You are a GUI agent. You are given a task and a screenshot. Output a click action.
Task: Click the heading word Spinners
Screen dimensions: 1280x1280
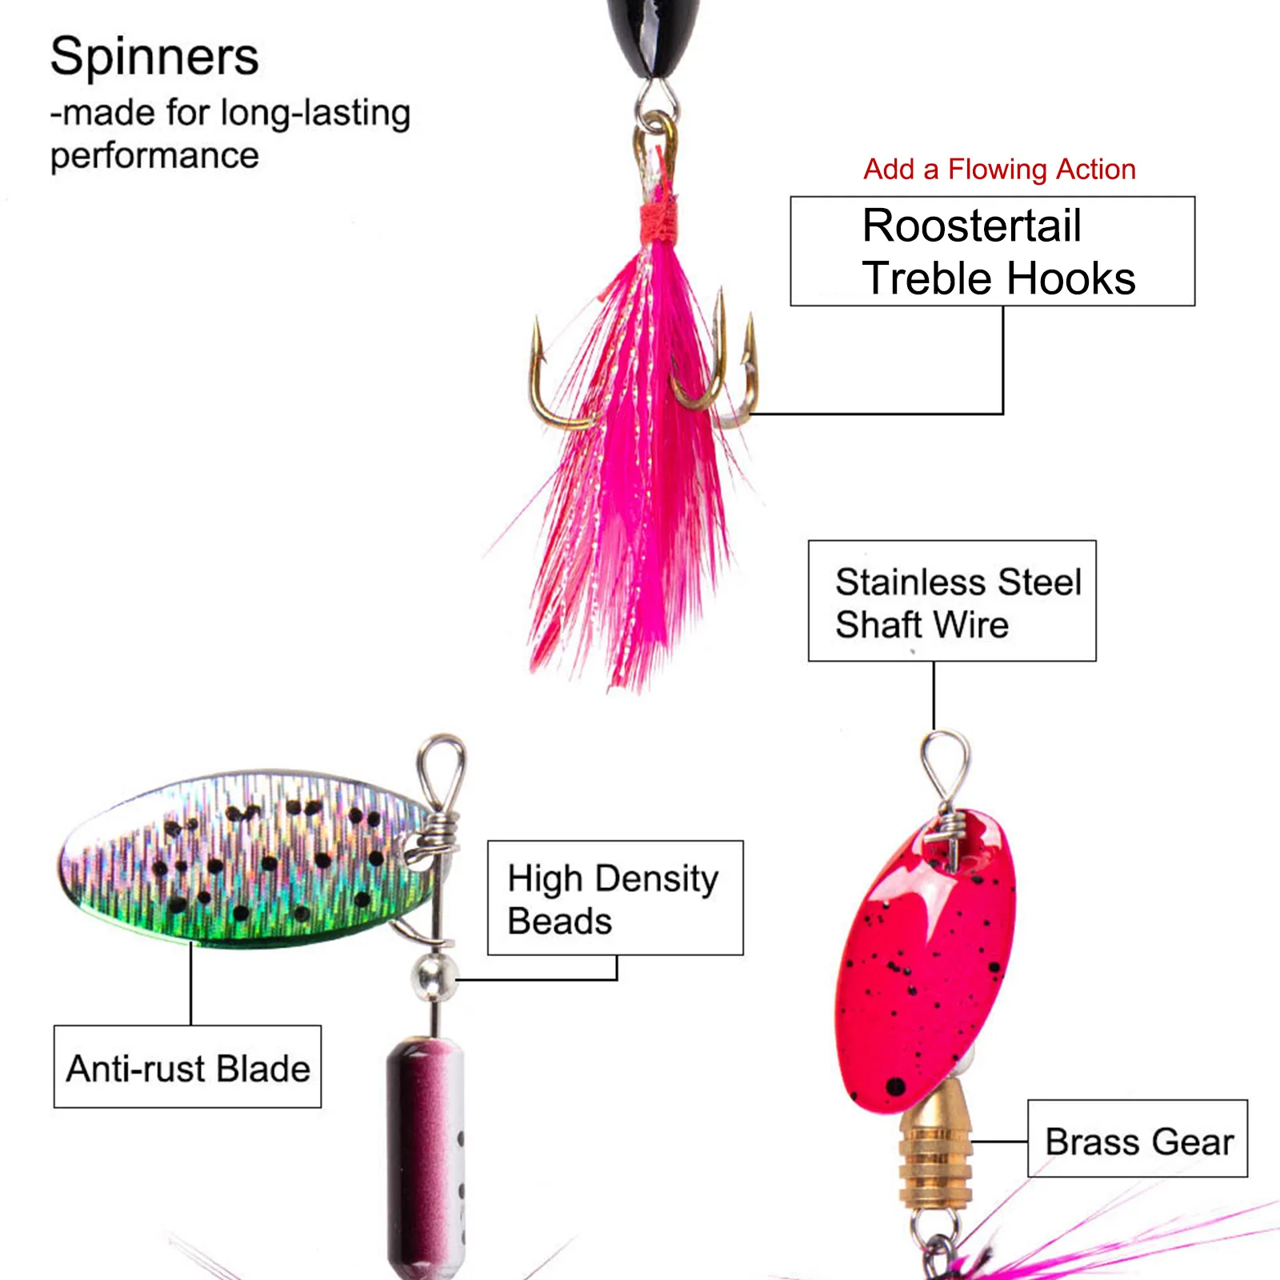[154, 58]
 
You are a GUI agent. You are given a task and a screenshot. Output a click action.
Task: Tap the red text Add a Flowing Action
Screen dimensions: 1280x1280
[999, 170]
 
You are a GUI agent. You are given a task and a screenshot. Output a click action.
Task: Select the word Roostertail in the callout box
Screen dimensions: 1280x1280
[971, 226]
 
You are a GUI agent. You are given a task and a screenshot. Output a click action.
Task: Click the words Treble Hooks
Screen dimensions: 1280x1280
[998, 278]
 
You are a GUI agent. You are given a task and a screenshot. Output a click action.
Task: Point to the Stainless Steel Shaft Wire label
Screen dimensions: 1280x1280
[952, 602]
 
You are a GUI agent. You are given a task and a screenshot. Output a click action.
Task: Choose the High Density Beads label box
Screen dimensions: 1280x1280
[614, 898]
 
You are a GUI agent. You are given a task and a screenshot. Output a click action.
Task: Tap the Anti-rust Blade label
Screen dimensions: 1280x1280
[188, 1068]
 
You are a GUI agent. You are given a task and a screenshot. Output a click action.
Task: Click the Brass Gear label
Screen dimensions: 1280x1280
[1138, 1140]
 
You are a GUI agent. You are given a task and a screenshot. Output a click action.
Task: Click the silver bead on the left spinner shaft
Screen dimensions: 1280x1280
[433, 976]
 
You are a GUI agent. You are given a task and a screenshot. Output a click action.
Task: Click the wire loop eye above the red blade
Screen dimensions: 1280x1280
[946, 764]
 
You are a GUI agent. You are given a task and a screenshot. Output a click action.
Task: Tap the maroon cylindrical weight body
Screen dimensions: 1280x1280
[424, 1152]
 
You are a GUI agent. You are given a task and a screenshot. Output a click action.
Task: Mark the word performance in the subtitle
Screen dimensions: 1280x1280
[154, 156]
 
